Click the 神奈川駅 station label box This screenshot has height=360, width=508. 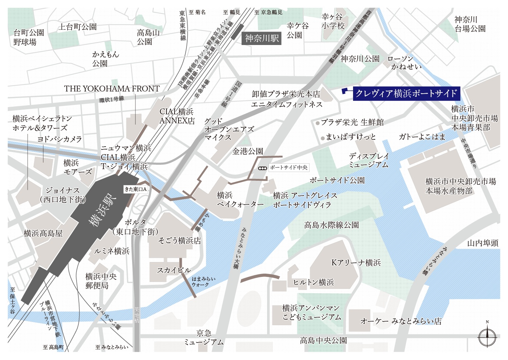coord(262,38)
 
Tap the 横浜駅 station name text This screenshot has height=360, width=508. coord(103,210)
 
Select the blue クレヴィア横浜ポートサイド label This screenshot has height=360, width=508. coord(406,94)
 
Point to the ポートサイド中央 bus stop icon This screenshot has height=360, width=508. coord(262,168)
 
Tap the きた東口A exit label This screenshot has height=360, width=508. coord(136,189)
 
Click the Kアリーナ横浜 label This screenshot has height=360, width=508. coord(356,263)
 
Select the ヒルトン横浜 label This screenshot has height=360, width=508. coord(314,282)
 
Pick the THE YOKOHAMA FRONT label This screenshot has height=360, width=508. coord(112,89)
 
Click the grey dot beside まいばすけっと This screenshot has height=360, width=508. coord(323,138)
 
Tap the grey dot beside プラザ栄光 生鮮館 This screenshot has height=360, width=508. coord(317,123)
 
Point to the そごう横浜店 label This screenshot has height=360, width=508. coord(180,241)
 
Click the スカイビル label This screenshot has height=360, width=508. coord(174,270)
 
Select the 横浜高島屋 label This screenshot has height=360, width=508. coord(43,233)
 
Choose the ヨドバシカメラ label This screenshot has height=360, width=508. coord(60,139)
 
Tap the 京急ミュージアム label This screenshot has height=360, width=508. coord(204,337)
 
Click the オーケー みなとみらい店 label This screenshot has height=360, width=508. coord(401,321)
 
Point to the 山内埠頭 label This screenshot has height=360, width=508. coord(483,243)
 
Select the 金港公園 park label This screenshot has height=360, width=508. coord(248,151)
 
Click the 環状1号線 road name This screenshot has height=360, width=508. coord(112,99)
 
